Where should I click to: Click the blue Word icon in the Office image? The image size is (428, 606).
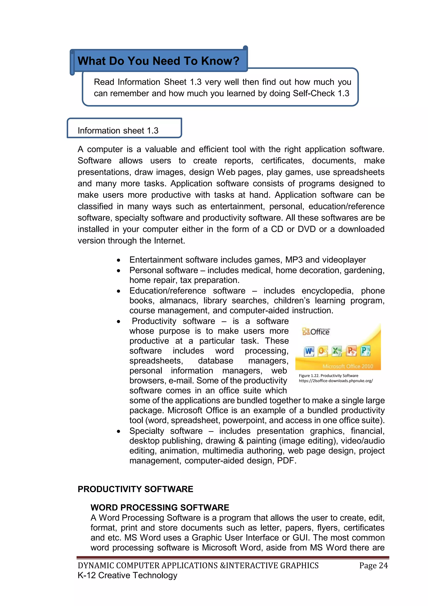point(309,351)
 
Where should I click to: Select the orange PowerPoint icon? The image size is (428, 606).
point(351,351)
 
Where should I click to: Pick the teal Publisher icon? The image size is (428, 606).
point(365,351)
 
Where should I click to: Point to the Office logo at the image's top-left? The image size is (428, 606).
point(316,331)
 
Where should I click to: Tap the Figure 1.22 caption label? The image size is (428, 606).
point(328,376)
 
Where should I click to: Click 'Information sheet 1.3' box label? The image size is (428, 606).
point(118,131)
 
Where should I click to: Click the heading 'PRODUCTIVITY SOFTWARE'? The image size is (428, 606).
point(135,489)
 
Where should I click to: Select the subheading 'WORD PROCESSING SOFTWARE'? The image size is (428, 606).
point(160,507)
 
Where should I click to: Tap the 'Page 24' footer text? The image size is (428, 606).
point(373,565)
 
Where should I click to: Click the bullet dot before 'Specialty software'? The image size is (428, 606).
point(119,431)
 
